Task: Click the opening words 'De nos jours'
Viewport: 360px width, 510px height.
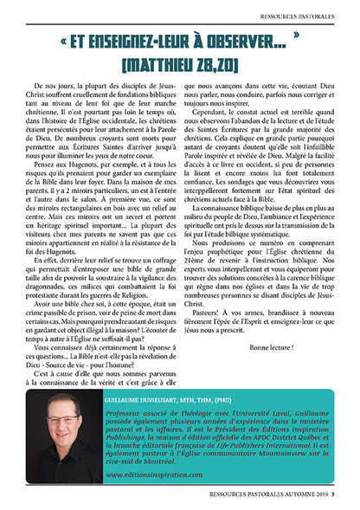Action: coord(53,90)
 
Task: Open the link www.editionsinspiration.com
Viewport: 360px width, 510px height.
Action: coord(148,475)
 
